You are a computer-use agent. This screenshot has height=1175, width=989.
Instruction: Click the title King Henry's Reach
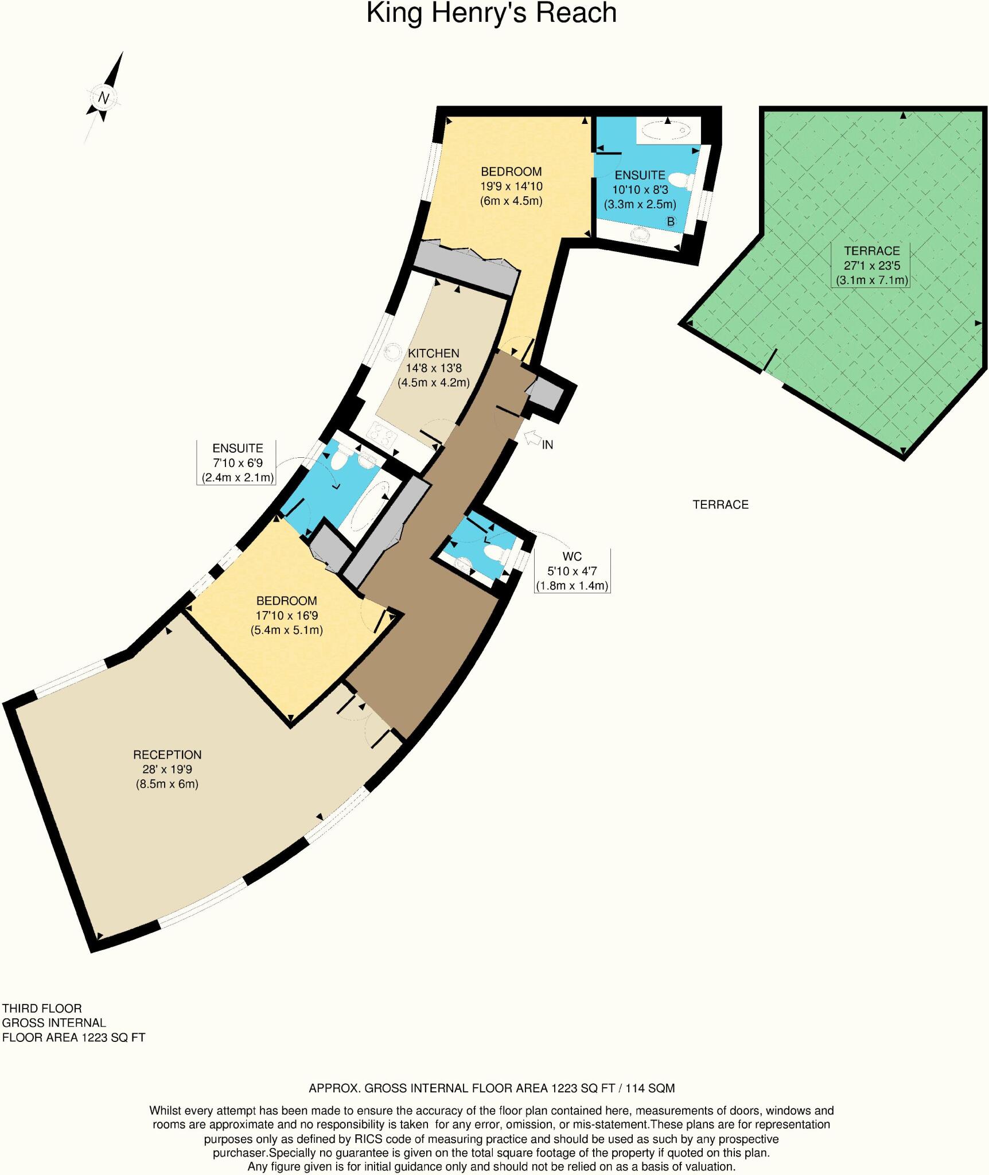pos(492,14)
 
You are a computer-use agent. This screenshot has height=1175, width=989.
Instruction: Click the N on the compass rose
pos(103,98)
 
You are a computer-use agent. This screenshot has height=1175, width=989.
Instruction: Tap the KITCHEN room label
pos(433,353)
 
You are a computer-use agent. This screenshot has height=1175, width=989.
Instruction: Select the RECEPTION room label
pos(167,755)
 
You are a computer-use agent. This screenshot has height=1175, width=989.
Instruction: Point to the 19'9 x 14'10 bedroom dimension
pos(511,186)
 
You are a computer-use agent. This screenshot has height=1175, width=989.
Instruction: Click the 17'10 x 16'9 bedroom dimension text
pos(286,616)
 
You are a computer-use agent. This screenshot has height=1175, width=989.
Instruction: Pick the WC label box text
pos(572,557)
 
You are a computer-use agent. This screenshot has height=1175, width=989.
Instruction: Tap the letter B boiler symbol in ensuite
pos(670,221)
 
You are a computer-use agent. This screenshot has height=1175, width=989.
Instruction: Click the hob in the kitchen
pos(383,434)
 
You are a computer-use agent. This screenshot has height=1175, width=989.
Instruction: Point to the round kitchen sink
pos(394,351)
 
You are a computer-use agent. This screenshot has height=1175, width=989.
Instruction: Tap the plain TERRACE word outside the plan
pos(721,505)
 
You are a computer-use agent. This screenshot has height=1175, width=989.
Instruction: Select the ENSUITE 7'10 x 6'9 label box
pos(237,462)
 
